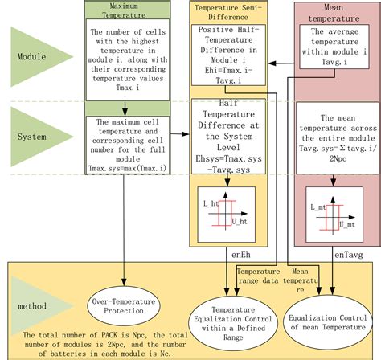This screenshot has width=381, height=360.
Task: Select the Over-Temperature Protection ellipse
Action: point(124,306)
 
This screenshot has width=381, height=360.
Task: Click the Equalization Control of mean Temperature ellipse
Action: point(328,322)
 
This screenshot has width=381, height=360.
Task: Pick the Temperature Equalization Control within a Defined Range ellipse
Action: point(233,323)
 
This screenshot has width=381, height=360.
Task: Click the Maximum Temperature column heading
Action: point(124,10)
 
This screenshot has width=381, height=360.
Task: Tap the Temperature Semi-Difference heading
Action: point(228,12)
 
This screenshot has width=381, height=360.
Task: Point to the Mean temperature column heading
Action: point(334,13)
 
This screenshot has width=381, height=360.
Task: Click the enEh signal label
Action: point(241,255)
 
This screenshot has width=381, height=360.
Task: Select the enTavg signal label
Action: point(349,255)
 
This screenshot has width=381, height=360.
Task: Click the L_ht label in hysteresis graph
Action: point(211,203)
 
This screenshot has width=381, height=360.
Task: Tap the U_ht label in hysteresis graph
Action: point(240,222)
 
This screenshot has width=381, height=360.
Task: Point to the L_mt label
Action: point(318,207)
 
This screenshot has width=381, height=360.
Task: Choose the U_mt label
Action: point(347,225)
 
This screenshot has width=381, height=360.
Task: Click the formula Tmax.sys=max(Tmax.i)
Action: point(128,168)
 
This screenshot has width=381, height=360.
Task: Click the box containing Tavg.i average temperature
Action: point(334,47)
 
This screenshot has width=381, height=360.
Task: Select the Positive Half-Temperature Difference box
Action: point(228,55)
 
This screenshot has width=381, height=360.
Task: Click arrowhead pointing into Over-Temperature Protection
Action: point(124,283)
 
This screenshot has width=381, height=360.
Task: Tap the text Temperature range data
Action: point(258,276)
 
